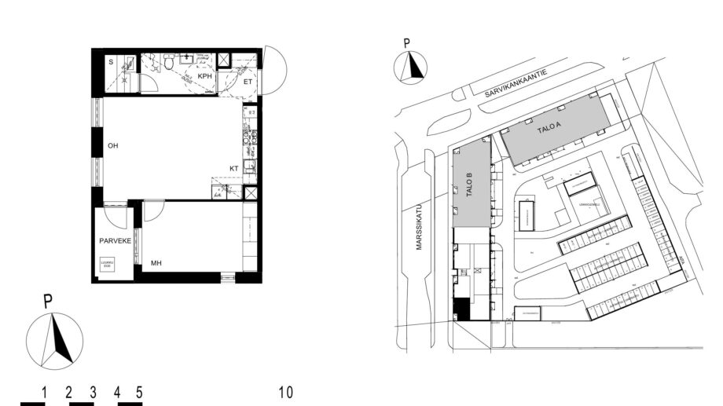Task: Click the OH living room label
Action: coord(113,145)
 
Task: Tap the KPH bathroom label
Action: coord(204,77)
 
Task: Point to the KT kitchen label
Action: coord(233,168)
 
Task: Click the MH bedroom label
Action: coord(156,264)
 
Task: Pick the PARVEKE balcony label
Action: coord(114,241)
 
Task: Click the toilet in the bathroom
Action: coord(168,65)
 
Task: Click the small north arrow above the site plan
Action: coord(409,67)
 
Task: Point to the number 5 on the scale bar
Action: coord(139,392)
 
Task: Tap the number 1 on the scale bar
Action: coord(46,392)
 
